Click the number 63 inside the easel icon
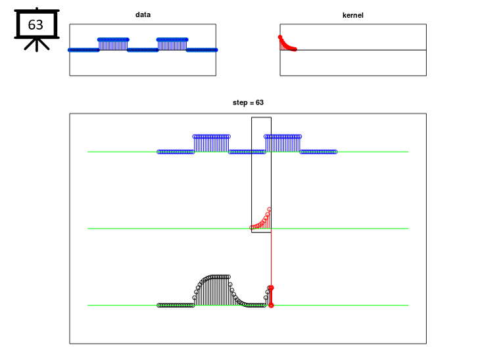[36, 24]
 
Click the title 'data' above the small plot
[143, 14]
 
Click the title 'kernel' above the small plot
[352, 15]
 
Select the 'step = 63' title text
[248, 102]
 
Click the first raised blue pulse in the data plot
[113, 44]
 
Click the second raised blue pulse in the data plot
[172, 44]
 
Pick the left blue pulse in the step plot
[211, 143]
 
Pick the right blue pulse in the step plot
[283, 143]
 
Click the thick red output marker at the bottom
[271, 297]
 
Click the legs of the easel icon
[37, 45]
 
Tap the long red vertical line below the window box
[271, 259]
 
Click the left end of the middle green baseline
[88, 229]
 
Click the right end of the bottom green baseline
[408, 305]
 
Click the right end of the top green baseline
[408, 152]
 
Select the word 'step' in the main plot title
[240, 102]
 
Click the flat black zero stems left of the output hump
[176, 305]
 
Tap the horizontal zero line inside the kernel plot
[353, 50]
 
